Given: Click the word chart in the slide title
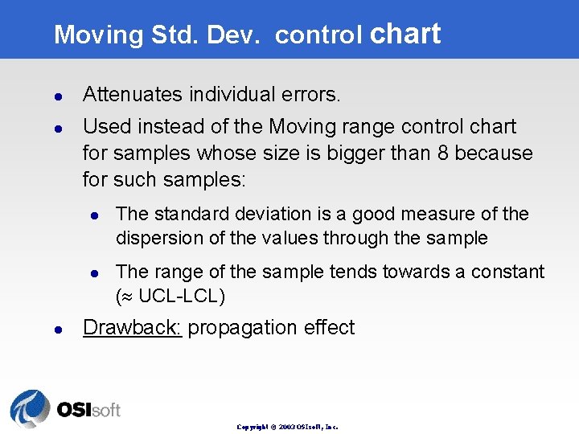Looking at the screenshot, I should pyautogui.click(x=406, y=34).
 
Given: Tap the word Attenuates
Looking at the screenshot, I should pyautogui.click(x=133, y=95).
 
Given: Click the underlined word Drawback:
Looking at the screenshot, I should pyautogui.click(x=132, y=328).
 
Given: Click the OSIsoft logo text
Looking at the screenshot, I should pyautogui.click(x=88, y=410).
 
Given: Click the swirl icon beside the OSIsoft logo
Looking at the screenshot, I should pyautogui.click(x=30, y=408).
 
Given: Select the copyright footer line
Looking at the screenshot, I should pyautogui.click(x=287, y=427).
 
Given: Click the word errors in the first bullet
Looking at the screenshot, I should pyautogui.click(x=313, y=95).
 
